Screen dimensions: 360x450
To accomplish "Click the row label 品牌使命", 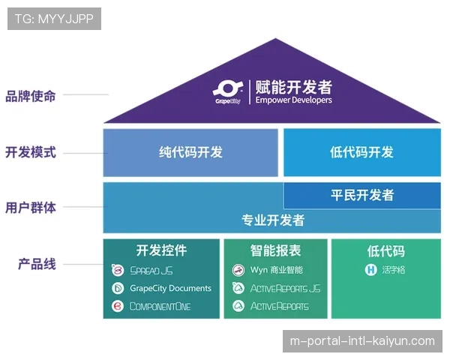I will point(31,96).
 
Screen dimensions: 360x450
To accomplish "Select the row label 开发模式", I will point(31,152).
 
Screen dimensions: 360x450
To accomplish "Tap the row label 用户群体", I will point(31,208).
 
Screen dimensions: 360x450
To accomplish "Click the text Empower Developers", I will point(293,100).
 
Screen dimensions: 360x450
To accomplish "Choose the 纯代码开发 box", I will point(190,152).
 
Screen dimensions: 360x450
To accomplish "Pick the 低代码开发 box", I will point(361,152).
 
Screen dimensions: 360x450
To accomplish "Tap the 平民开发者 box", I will point(361,195).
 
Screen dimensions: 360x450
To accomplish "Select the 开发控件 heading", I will point(161,250).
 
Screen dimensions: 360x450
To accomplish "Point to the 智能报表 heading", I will point(275,250).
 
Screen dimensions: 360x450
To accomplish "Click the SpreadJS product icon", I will point(118,270).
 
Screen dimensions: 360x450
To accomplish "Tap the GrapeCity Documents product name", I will point(171,288).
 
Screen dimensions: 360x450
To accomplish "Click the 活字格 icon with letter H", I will point(370,270).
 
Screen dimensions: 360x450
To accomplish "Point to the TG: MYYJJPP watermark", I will point(54,19).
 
